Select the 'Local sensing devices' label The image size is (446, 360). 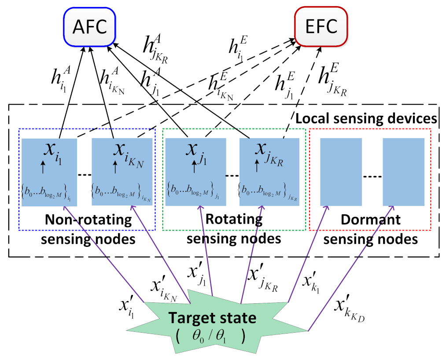tap(366, 119)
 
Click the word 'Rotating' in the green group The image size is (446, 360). tap(234, 219)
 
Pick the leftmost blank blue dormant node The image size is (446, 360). tap(341, 172)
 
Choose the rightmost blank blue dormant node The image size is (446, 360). tap(403, 172)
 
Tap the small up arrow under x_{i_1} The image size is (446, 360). tap(43, 167)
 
